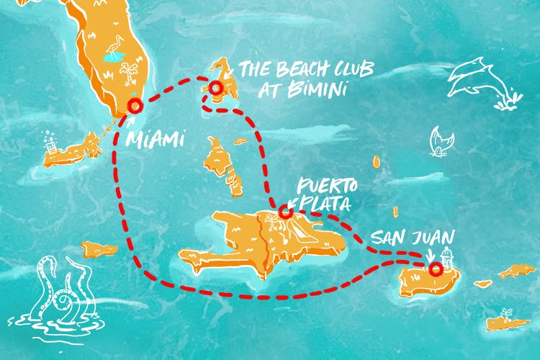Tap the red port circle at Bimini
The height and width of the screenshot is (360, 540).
click(215, 88)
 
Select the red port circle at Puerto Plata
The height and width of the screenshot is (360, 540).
click(286, 212)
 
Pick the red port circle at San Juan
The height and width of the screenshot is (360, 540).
click(436, 270)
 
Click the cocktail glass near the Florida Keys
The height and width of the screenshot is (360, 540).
click(49, 139)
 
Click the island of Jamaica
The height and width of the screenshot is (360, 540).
click(99, 249)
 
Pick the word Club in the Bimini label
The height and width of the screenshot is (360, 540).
click(350, 71)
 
